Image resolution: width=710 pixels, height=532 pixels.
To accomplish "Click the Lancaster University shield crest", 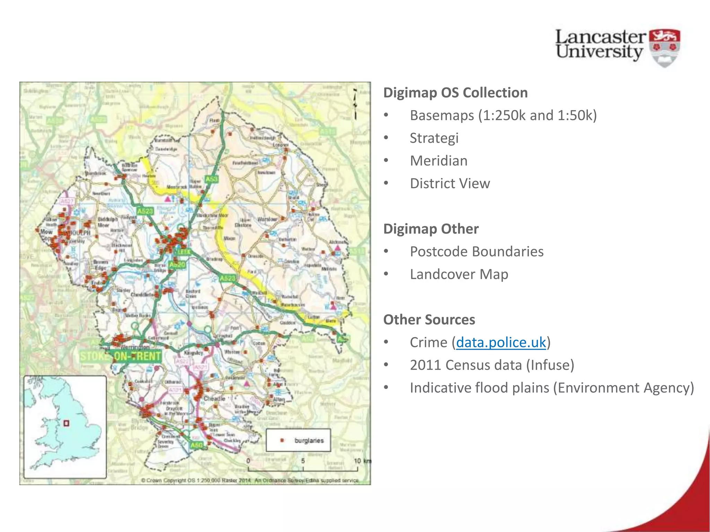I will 664,48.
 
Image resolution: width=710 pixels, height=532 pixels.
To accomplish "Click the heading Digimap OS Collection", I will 455,93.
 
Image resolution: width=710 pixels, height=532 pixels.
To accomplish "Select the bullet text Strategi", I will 434,138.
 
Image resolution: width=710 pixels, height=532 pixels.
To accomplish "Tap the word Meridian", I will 439,161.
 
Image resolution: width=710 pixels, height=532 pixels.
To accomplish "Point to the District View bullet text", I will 450,184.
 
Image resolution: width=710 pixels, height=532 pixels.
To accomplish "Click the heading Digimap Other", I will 431,229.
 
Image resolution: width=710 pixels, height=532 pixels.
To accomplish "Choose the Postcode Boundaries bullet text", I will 476,251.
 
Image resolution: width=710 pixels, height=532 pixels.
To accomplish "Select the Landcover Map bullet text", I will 459,274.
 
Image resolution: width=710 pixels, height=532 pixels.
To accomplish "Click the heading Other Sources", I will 429,320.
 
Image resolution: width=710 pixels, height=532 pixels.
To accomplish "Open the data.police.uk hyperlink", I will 501,343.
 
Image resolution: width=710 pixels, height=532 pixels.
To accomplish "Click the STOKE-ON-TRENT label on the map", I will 121,356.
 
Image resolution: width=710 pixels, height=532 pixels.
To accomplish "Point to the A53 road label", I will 211,179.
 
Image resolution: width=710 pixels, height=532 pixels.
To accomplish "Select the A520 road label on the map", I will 177,265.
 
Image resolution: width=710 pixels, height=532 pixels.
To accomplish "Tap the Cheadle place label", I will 214,399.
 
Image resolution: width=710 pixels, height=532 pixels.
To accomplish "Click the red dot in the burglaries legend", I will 282,440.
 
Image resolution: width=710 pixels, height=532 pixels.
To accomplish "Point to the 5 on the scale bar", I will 303,461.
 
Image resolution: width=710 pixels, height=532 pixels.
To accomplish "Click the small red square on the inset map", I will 66,423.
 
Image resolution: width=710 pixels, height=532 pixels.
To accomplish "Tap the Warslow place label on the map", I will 267,219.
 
